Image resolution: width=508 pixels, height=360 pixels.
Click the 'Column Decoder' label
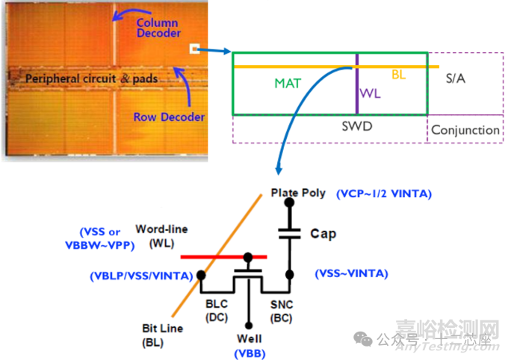point(158,28)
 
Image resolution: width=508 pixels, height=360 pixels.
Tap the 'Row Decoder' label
point(169,117)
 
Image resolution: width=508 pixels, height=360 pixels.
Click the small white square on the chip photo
point(194,49)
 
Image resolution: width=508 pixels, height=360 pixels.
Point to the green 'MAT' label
point(287,84)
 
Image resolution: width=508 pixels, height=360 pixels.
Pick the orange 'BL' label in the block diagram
point(399,75)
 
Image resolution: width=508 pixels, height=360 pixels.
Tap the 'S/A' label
point(455,78)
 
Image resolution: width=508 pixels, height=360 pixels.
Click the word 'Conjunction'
point(465,129)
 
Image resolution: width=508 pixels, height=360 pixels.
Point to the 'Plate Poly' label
point(298,193)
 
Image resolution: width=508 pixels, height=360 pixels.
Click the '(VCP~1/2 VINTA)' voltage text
point(384,193)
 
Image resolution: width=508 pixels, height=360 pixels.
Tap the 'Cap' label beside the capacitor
point(323,234)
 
